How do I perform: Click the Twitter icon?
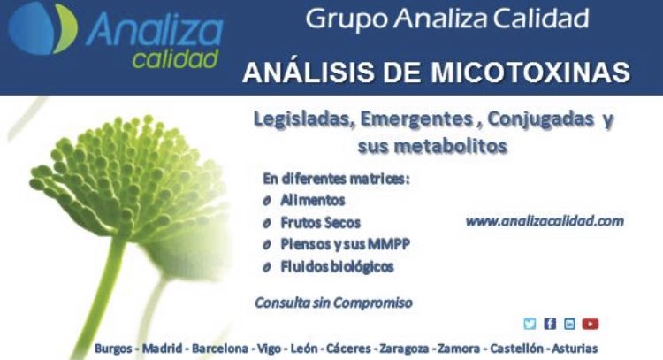pos(530,324)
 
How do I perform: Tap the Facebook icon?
pos(550,324)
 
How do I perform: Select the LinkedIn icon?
pos(569,324)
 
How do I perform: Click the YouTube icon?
pos(591,324)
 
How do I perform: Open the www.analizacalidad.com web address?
pos(545,221)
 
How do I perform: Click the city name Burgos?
pos(114,349)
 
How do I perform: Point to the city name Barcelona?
pos(220,349)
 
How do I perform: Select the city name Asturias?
pos(575,349)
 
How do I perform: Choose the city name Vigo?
pos(267,349)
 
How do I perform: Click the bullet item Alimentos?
pos(312,201)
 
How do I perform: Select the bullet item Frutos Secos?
pos(320,223)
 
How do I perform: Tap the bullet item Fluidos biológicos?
pos(337,266)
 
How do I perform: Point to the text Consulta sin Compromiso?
pos(333,303)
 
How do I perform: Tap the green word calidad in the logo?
pos(175,59)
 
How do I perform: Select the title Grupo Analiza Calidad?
pos(446,19)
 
